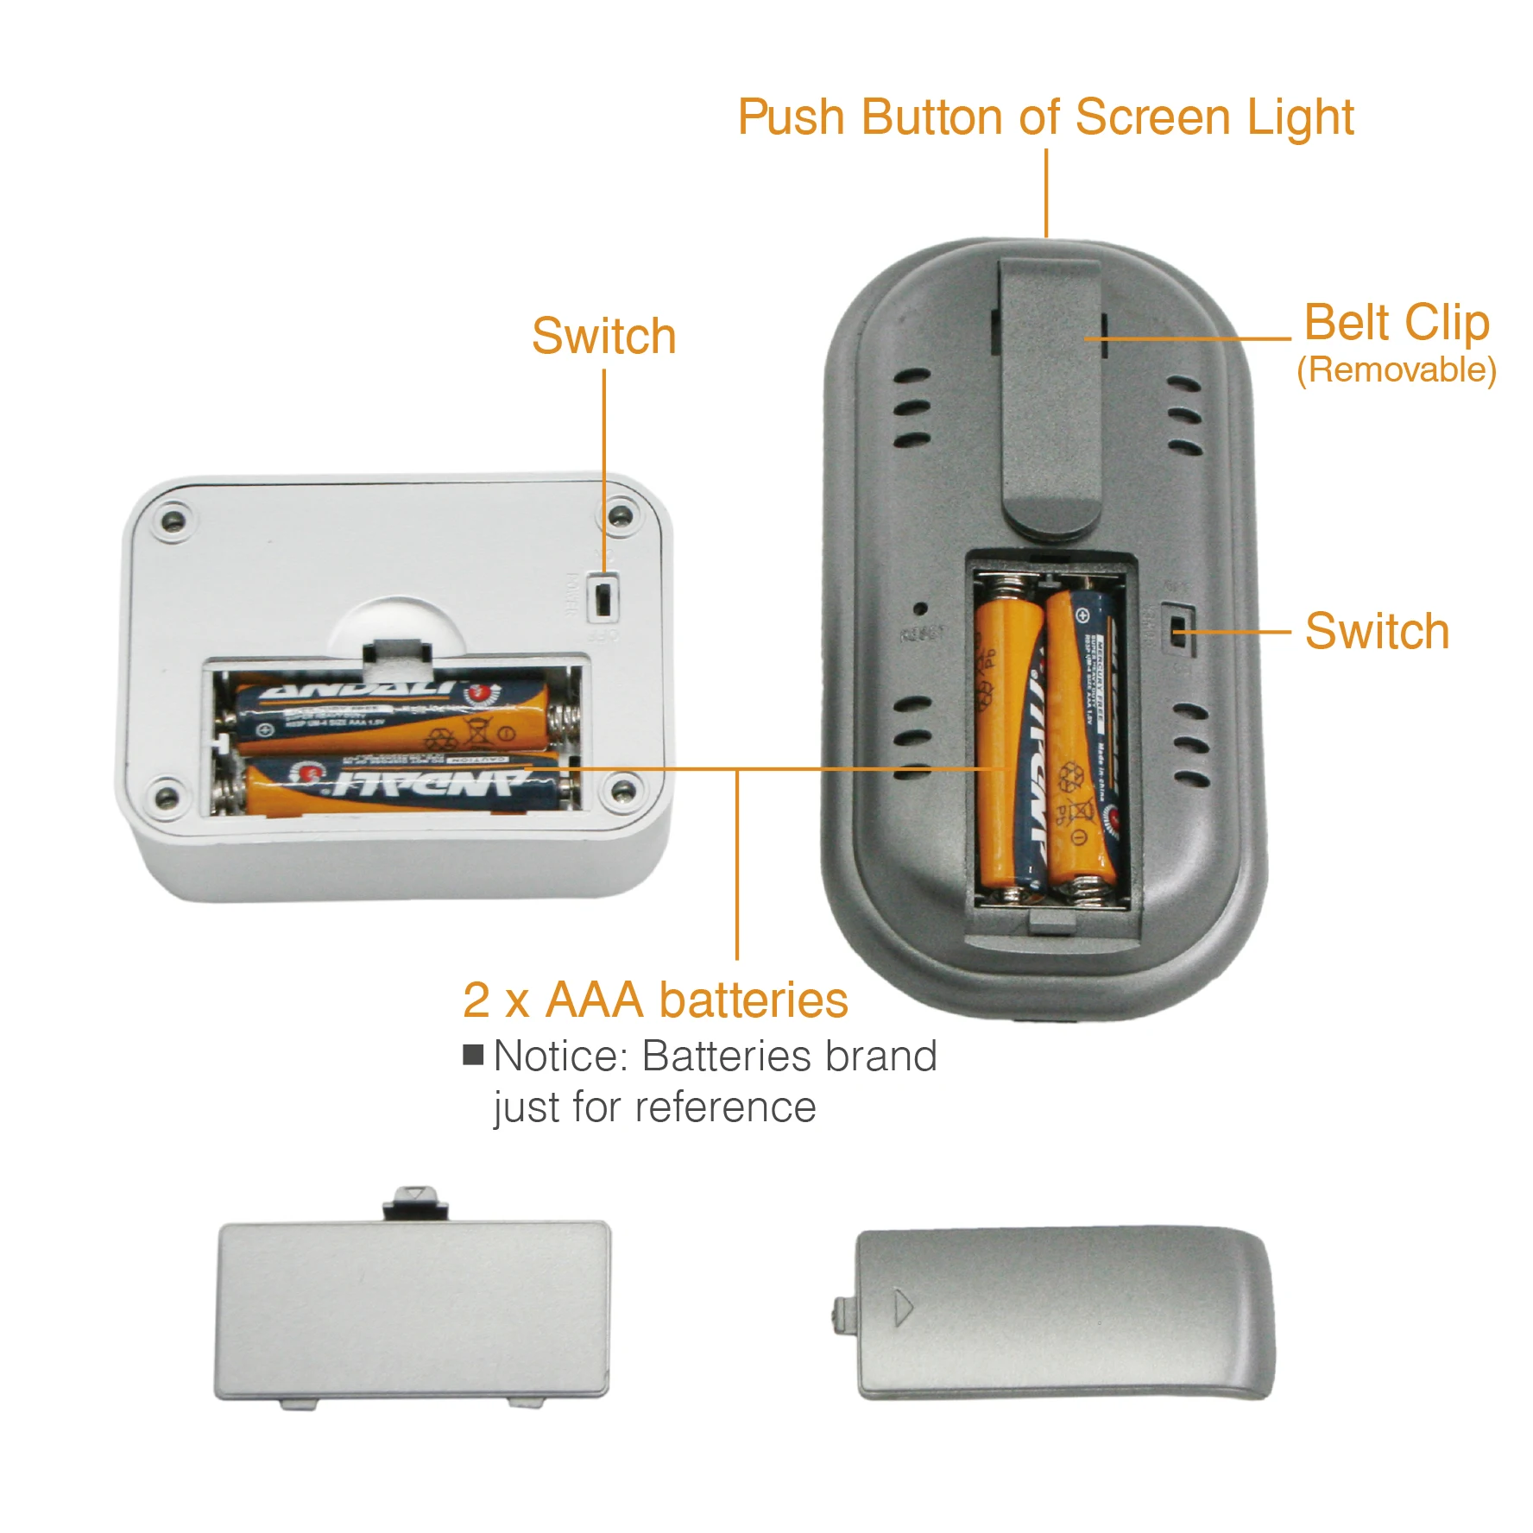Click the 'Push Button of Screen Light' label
click(x=1044, y=117)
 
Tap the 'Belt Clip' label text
click(x=1396, y=323)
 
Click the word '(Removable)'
click(x=1396, y=370)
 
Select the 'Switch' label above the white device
click(x=603, y=336)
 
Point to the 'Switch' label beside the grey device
click(x=1376, y=631)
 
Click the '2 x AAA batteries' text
click(x=655, y=1000)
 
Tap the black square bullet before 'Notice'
click(x=473, y=1055)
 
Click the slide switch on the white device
click(x=603, y=597)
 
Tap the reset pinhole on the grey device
click(x=921, y=609)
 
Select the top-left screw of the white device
click(x=173, y=521)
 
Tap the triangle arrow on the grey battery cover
click(x=902, y=1307)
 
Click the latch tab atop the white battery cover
click(x=416, y=1202)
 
